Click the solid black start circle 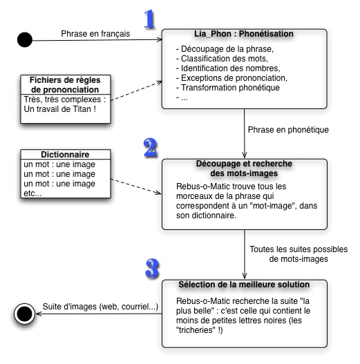coord(25,39)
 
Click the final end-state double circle coord(24,314)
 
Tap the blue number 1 coord(149,19)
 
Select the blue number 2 coord(150,148)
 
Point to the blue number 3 coord(152,269)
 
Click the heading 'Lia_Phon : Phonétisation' coord(244,34)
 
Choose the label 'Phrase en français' coord(95,34)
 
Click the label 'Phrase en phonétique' coord(288,130)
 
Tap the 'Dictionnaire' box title coord(65,155)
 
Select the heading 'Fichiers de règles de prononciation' coord(65,85)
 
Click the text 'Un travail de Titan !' coord(60,109)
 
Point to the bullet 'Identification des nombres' coord(228,68)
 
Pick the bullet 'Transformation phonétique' coord(228,88)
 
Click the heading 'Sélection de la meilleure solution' coord(244,285)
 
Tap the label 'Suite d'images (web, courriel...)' coord(100,307)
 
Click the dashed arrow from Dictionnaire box coord(136,186)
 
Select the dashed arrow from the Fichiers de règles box coord(136,90)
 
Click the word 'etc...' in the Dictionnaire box coord(32,193)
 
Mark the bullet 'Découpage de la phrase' coord(225,49)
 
